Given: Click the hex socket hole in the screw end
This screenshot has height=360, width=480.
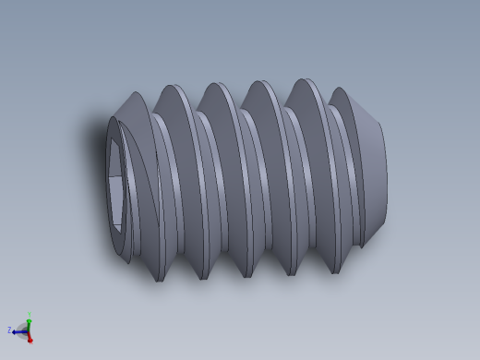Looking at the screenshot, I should point(114,185).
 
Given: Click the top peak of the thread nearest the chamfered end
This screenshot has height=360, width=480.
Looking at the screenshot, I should point(340,90).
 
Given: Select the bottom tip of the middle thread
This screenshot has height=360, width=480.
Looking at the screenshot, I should point(247,276).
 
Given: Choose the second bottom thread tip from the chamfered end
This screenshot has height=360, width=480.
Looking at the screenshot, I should point(292,274).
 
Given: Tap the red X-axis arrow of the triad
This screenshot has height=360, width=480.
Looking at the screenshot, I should point(30,337).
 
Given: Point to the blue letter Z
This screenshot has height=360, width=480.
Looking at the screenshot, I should point(9,330).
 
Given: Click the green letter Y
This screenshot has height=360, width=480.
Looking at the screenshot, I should point(29,313).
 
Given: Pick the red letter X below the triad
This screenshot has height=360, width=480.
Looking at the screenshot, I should point(30,342).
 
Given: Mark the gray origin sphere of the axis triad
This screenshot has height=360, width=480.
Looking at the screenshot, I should point(28,330).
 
